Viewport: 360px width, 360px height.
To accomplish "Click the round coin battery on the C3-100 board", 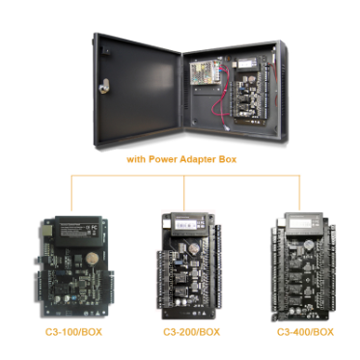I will click(89, 258).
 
